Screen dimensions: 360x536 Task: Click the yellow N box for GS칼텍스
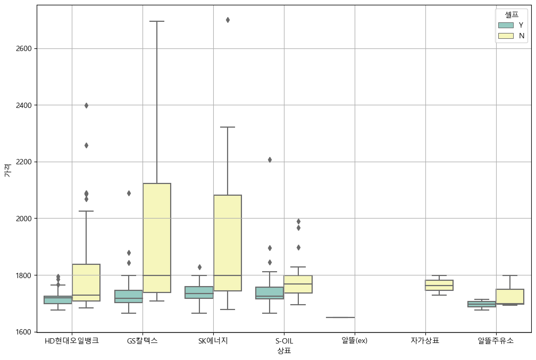click(x=157, y=238)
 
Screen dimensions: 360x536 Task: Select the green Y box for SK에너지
click(x=199, y=292)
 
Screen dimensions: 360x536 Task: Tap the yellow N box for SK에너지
click(x=228, y=243)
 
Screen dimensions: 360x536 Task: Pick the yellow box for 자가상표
click(x=439, y=285)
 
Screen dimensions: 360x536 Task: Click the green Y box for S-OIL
click(x=270, y=293)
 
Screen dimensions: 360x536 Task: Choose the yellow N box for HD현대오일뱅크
click(x=86, y=282)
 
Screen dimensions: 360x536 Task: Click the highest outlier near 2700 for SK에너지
click(x=228, y=20)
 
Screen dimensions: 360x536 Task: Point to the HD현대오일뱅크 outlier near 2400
click(x=86, y=105)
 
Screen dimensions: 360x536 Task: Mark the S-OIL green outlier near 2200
click(x=270, y=160)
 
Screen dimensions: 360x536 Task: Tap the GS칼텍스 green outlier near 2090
click(x=129, y=193)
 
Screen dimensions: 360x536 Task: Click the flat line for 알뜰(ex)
click(x=340, y=317)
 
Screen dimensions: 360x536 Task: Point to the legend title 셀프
click(x=512, y=14)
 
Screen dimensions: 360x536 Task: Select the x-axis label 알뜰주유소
click(x=496, y=341)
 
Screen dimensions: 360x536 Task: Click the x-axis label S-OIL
click(x=284, y=341)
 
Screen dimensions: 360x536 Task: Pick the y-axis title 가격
click(x=7, y=170)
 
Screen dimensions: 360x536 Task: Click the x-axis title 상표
click(x=284, y=351)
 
